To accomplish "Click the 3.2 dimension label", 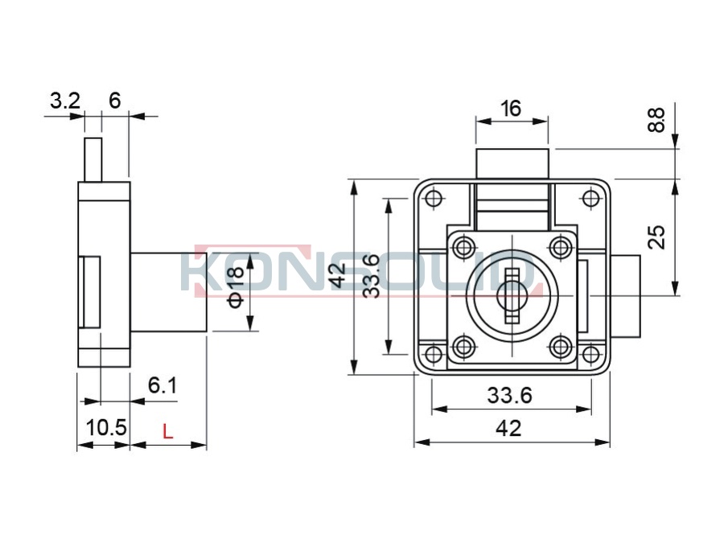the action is (65, 101).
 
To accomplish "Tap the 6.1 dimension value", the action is (162, 385).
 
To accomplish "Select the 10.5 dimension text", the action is (105, 428).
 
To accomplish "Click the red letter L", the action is (167, 432).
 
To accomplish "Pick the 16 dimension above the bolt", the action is (511, 109).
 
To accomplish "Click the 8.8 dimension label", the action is (656, 120).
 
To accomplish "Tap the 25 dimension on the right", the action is (656, 237).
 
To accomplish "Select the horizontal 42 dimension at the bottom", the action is (508, 429).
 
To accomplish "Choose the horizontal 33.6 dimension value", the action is (510, 396).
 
